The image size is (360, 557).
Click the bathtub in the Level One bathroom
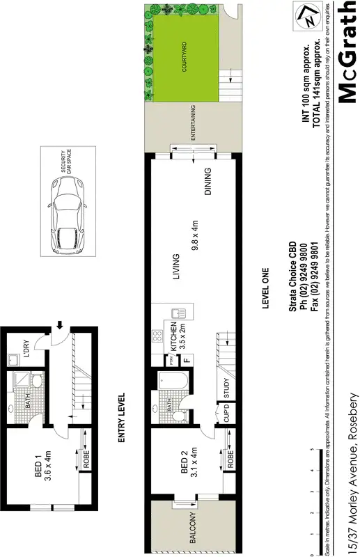tap(170, 385)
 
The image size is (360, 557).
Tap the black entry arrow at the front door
tap(61, 324)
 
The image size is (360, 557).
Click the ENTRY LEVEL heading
tap(121, 418)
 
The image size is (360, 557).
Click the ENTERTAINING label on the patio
tap(192, 125)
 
